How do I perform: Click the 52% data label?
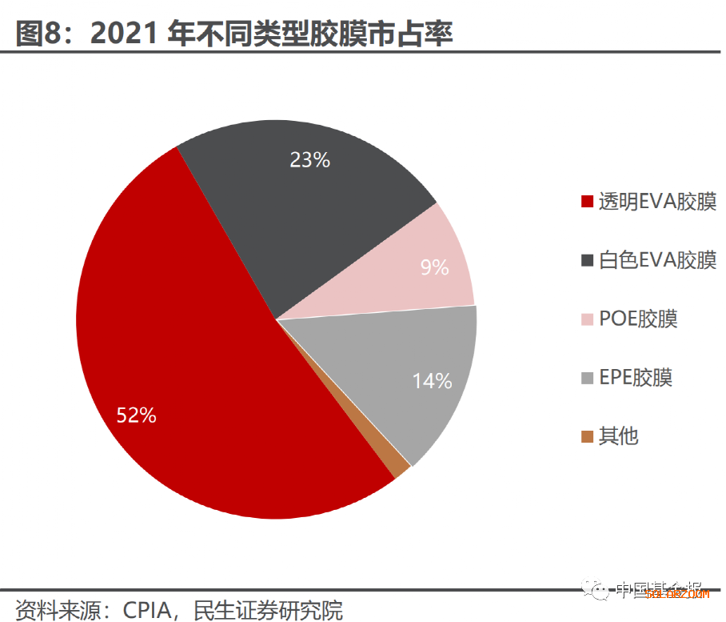pos(137,415)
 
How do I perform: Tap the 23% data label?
pos(309,160)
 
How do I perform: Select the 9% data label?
pos(434,267)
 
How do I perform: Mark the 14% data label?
pos(433,382)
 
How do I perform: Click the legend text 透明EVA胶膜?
pos(657,201)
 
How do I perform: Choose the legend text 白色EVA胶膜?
pos(657,260)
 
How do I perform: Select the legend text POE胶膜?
pos(638,319)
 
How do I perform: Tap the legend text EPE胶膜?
pos(636,377)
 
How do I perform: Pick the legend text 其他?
pos(618,436)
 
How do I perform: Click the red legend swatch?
pos(588,202)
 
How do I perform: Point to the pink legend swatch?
pos(588,319)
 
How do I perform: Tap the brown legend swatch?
pos(588,437)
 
